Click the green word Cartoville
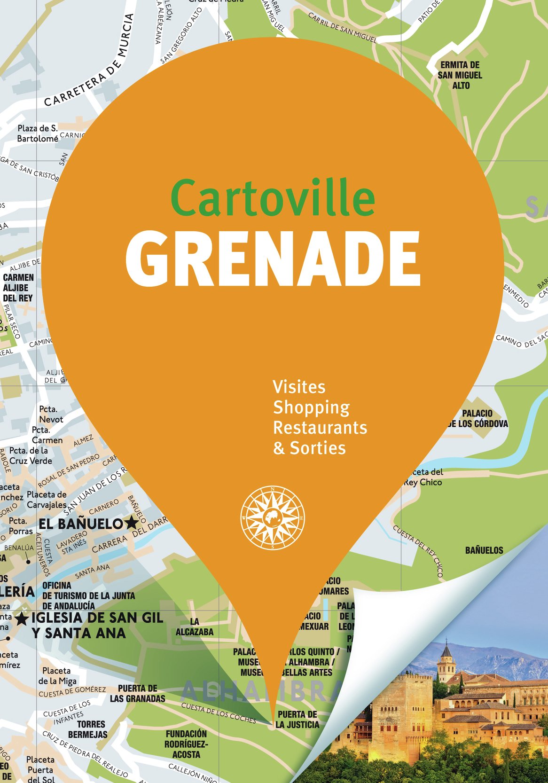273,198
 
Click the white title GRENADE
273,259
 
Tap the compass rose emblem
273,517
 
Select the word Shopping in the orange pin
311,408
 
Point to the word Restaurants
320,428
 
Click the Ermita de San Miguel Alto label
460,75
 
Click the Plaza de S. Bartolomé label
38,133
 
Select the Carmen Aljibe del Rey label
18,288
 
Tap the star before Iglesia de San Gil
21,619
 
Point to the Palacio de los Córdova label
478,418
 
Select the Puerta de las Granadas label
137,694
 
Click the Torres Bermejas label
88,729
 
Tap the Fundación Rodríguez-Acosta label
186,744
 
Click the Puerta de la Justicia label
297,720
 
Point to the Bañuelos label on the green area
484,550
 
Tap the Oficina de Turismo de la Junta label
88,595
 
